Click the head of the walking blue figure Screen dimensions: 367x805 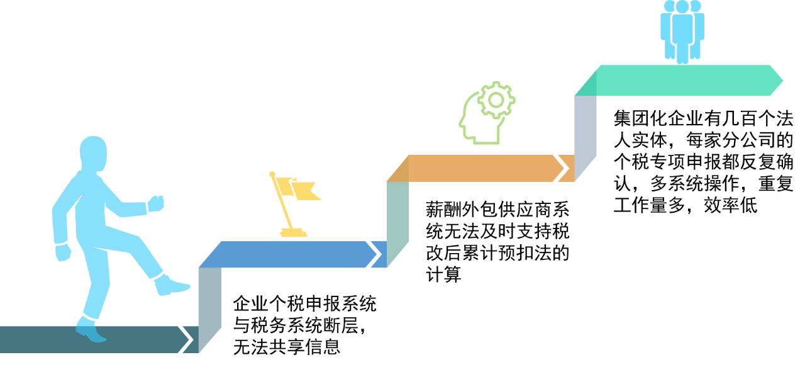93,152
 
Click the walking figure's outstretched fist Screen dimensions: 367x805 155,204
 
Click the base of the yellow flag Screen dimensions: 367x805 294,234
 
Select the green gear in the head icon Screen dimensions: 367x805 496,99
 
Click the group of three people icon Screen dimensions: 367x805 682,31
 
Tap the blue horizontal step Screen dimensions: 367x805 289,254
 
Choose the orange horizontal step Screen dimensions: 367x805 478,168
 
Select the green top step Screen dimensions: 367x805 679,80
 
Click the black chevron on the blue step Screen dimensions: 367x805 373,254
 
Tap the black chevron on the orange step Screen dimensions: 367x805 562,168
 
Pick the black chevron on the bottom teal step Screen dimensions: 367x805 186,339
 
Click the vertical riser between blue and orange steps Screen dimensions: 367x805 397,220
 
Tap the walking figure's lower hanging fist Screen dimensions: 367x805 63,252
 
